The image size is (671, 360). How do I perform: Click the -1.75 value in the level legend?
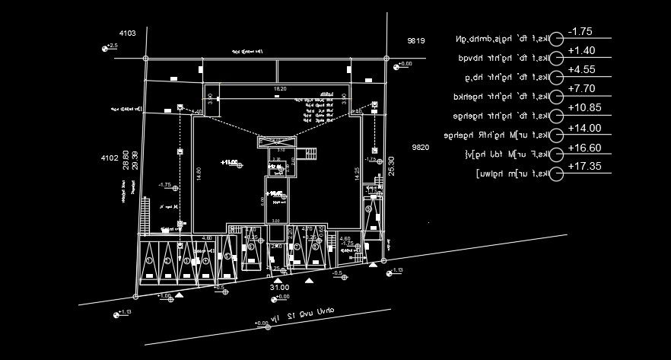pyautogui.click(x=580, y=31)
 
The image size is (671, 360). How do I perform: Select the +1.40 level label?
pyautogui.click(x=580, y=51)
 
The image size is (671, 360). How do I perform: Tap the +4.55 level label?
pyautogui.click(x=580, y=69)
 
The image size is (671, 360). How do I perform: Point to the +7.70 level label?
pyautogui.click(x=580, y=89)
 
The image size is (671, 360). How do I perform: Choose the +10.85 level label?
pyautogui.click(x=584, y=108)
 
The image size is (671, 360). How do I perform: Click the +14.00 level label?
pyautogui.click(x=584, y=128)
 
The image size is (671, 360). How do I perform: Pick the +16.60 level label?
pyautogui.click(x=584, y=148)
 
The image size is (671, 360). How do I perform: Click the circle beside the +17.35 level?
pyautogui.click(x=558, y=175)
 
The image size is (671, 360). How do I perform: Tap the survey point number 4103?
pyautogui.click(x=127, y=33)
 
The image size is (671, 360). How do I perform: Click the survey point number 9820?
pyautogui.click(x=421, y=146)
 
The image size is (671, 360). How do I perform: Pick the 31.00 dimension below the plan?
pyautogui.click(x=279, y=287)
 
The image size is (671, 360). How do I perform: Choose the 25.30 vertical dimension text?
pyautogui.click(x=391, y=166)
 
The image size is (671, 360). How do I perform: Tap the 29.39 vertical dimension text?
pyautogui.click(x=135, y=160)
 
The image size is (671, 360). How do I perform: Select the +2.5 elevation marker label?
pyautogui.click(x=113, y=46)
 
